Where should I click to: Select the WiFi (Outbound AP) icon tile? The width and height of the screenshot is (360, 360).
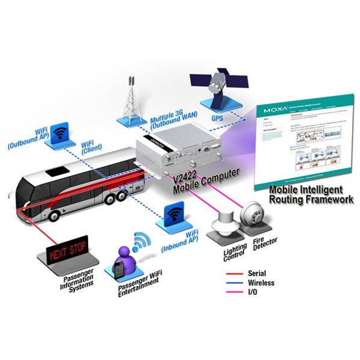point(58,133)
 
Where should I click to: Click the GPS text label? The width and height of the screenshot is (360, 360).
point(217,119)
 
